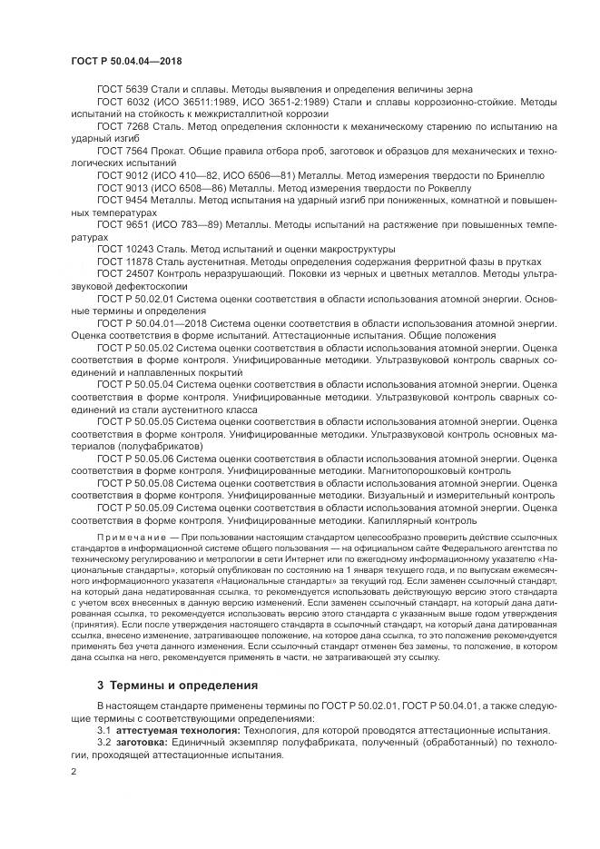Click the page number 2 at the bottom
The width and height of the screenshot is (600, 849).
point(74,772)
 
